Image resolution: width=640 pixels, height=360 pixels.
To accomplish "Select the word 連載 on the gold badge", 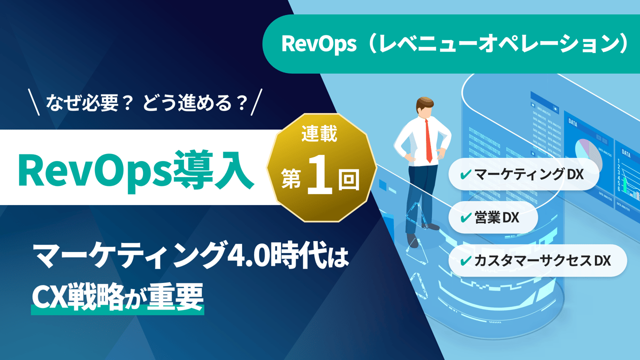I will click(x=320, y=135).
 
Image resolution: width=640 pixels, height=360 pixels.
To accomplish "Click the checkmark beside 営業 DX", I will click(x=464, y=217).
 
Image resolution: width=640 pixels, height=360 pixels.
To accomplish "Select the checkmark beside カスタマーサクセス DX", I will click(x=464, y=260).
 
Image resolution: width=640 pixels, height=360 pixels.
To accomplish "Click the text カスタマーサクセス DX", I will click(x=542, y=260).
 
